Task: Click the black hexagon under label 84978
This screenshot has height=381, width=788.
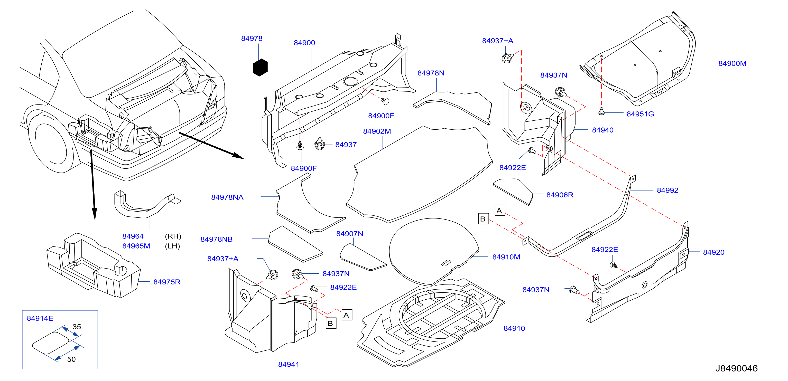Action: click(260, 67)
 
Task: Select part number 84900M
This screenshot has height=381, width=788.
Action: click(732, 63)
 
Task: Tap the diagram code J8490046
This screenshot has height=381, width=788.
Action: click(736, 368)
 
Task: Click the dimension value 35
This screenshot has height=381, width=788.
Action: click(77, 327)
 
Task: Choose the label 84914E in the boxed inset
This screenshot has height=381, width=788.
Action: click(40, 318)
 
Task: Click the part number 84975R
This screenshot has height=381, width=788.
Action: click(167, 282)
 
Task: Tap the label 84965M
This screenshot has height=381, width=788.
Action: click(136, 246)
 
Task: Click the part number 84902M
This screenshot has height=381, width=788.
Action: click(377, 131)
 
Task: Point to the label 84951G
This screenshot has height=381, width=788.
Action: click(640, 114)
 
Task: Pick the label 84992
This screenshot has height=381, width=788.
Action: click(668, 190)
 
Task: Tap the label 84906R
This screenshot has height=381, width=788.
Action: click(560, 195)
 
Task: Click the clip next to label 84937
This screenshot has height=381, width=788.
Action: click(320, 144)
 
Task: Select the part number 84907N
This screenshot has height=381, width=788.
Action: click(350, 234)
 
